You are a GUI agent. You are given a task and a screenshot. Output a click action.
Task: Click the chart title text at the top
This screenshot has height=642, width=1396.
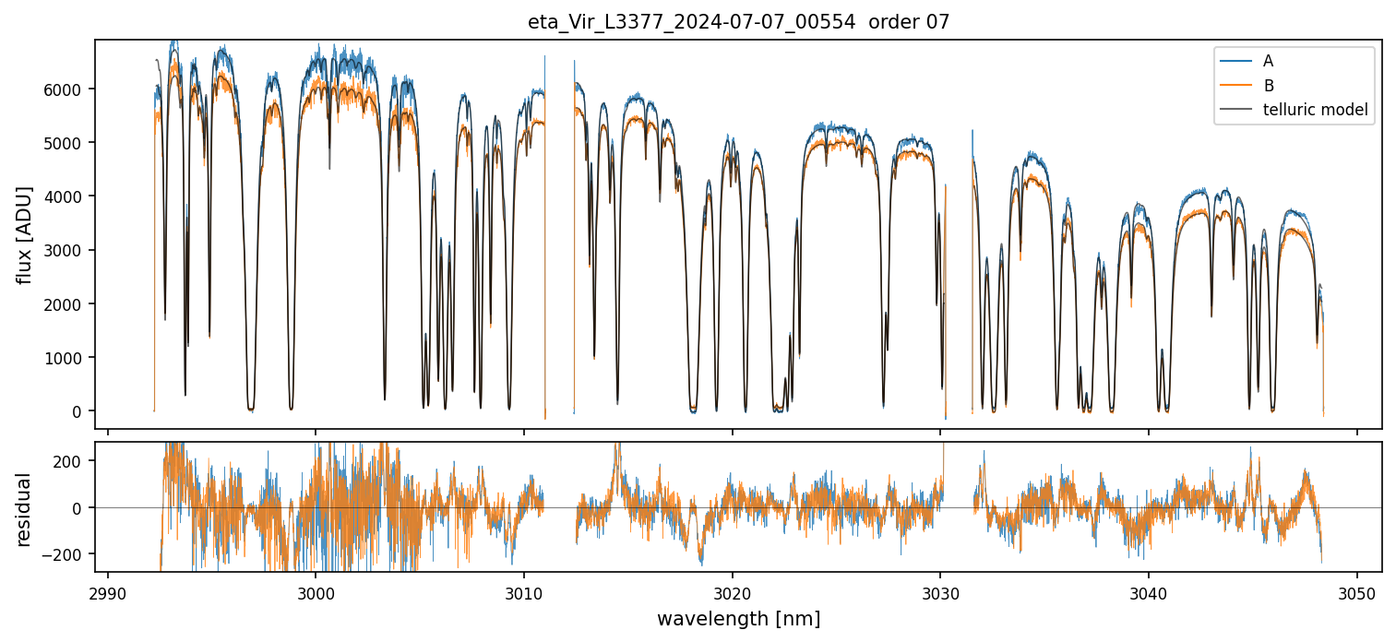[737, 22]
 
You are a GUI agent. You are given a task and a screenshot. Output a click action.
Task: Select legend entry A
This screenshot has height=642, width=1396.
[1268, 61]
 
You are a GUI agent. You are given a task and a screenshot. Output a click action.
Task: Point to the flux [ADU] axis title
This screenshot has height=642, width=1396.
[25, 234]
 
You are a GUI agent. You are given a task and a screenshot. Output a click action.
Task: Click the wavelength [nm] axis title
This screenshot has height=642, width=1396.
[737, 619]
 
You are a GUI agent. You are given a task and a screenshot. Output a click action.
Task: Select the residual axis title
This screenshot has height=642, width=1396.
[25, 508]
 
